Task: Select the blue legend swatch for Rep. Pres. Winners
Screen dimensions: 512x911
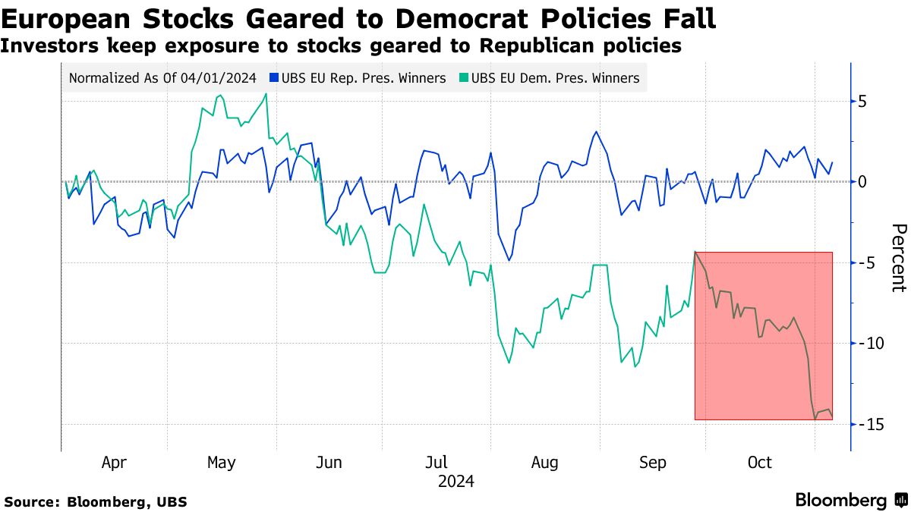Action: [274, 78]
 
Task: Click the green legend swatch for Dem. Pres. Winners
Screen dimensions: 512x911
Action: [465, 78]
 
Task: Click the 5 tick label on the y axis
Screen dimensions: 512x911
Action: [863, 102]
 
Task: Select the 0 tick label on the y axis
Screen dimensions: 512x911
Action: [863, 182]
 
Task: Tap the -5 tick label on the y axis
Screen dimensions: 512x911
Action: [865, 262]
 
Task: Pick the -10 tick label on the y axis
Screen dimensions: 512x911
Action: [870, 343]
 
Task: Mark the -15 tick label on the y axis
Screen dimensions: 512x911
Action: [870, 424]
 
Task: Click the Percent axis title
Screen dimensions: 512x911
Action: [898, 258]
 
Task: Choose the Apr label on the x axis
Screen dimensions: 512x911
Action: [114, 463]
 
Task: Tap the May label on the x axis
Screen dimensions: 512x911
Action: [221, 463]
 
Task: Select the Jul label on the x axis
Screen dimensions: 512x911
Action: [436, 463]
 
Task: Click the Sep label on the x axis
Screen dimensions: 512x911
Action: [652, 463]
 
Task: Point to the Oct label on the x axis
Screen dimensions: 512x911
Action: [759, 463]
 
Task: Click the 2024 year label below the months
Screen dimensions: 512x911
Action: [455, 481]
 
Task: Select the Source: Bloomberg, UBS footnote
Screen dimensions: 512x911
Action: [96, 501]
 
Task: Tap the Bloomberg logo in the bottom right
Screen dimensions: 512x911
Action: [850, 500]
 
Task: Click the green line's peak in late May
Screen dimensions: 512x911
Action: [266, 94]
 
